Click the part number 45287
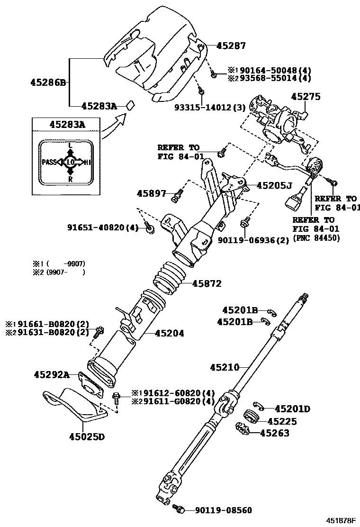231,46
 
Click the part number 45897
152,193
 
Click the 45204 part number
169,334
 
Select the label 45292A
52,375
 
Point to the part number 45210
225,367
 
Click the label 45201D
293,409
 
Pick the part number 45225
282,421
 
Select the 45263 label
275,433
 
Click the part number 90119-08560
224,510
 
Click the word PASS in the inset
49,162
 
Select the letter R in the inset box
70,180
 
